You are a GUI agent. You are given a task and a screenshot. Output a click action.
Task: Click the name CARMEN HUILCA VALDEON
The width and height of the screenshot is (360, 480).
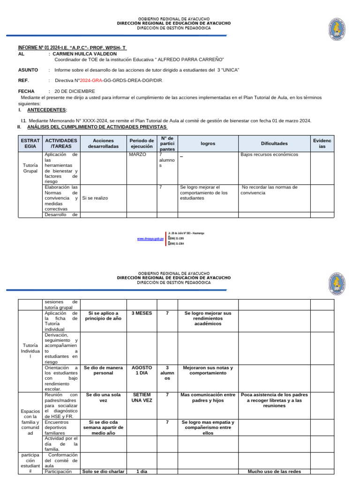(84, 54)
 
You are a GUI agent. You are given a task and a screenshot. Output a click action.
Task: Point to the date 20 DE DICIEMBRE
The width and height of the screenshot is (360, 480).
(75, 91)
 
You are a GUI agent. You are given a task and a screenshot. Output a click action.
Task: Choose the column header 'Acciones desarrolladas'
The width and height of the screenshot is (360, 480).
(103, 143)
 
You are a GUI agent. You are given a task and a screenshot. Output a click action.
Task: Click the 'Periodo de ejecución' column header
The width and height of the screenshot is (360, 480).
(142, 143)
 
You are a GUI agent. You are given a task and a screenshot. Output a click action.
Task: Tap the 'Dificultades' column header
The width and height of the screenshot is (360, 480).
(274, 143)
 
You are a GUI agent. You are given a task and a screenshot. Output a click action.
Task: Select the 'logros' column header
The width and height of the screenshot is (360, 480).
(208, 143)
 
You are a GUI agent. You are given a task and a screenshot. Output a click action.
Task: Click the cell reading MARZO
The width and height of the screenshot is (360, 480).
(137, 154)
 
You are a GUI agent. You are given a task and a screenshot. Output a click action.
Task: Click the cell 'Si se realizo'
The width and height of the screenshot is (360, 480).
(95, 198)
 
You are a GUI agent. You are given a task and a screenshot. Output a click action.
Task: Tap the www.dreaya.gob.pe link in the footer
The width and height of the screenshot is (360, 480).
(150, 239)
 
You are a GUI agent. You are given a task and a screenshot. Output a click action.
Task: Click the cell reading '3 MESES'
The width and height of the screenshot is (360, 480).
(142, 313)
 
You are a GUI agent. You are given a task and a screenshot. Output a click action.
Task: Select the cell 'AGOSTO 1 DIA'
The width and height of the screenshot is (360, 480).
(142, 371)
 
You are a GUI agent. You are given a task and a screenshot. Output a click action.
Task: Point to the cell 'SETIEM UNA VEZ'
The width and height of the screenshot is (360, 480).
(142, 398)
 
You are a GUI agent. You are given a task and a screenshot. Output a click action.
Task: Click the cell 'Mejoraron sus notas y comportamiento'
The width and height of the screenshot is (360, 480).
(208, 371)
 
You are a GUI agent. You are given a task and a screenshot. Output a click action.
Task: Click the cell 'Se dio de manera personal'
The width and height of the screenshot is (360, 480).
(103, 371)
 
